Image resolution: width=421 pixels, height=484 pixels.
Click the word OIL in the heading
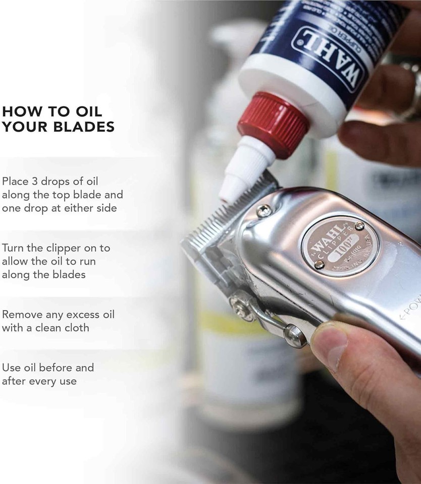(x=88, y=110)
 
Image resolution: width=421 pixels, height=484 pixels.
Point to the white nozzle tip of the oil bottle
(x=228, y=194)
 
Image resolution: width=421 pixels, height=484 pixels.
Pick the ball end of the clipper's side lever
(x=295, y=335)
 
